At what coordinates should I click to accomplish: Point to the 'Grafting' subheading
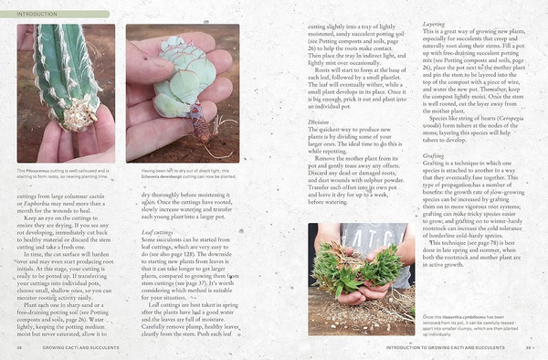tap(434, 155)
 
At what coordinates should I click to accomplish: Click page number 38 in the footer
tap(19, 348)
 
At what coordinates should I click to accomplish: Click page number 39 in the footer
tap(528, 348)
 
